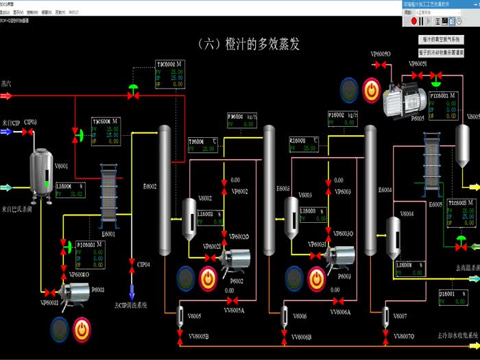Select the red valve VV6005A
point(233,302)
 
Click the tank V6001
point(40,176)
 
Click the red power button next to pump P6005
point(370,88)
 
